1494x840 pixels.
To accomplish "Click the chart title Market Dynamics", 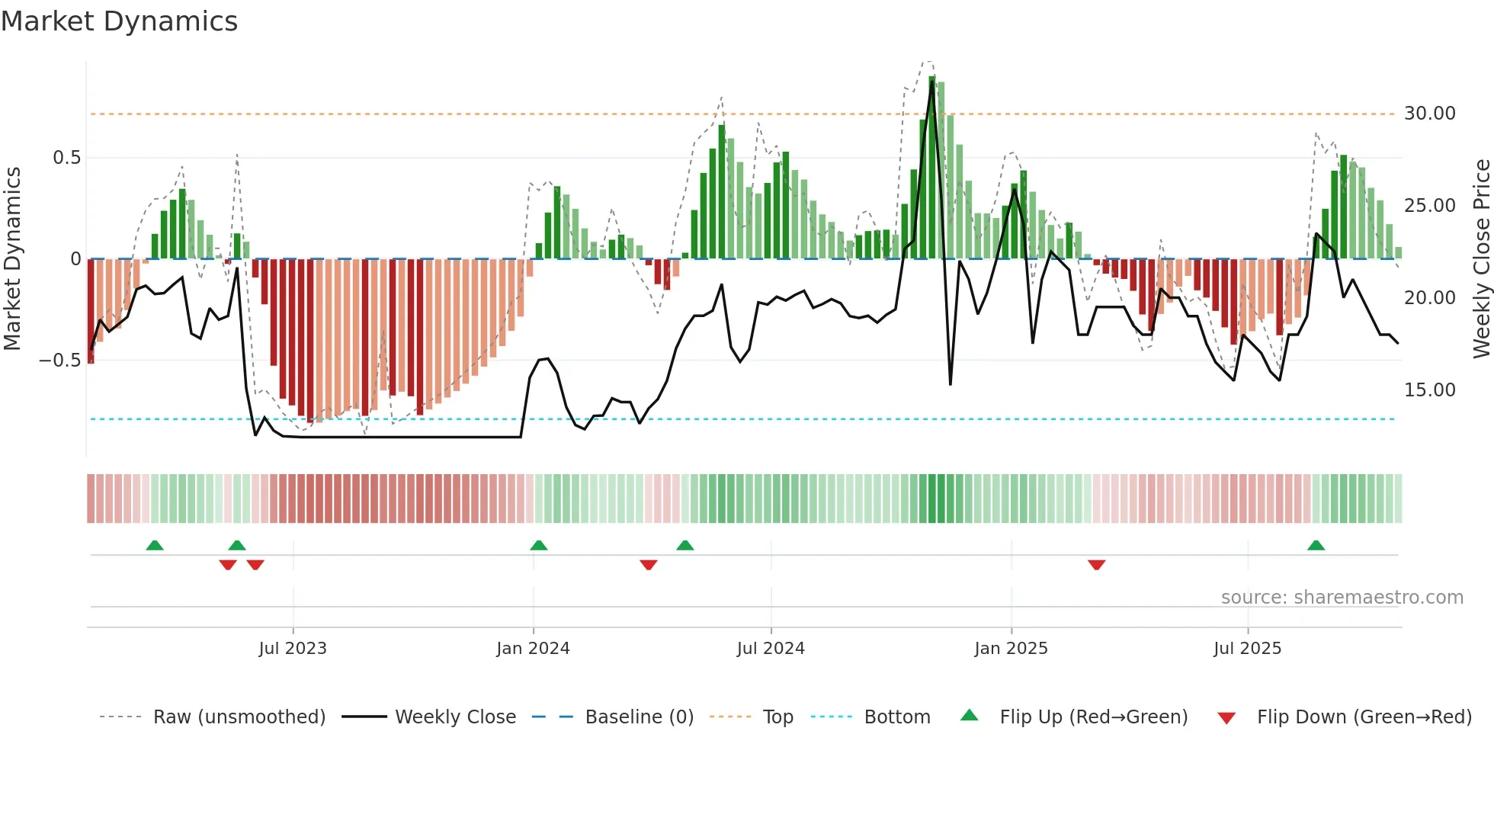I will click(x=119, y=21).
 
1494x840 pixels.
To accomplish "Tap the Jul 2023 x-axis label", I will click(x=293, y=649).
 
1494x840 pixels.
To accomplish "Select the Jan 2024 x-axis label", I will click(x=533, y=649).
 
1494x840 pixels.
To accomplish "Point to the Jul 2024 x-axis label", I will click(x=771, y=649).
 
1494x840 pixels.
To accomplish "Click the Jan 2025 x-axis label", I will click(x=1011, y=649).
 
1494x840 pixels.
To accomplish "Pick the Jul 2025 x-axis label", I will click(x=1248, y=649).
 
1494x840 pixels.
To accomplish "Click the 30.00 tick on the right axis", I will click(x=1429, y=114).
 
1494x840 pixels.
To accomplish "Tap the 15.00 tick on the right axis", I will click(x=1429, y=390).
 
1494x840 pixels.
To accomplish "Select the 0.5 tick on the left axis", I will click(x=66, y=158).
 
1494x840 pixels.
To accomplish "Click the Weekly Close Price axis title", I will click(x=1481, y=259).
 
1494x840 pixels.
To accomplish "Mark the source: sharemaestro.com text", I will click(x=1342, y=598).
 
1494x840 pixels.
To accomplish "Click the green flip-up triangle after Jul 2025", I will click(x=1316, y=546).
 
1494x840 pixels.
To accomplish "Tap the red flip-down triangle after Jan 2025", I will click(x=1096, y=565).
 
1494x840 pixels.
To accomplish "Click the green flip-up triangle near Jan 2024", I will click(x=538, y=546).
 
